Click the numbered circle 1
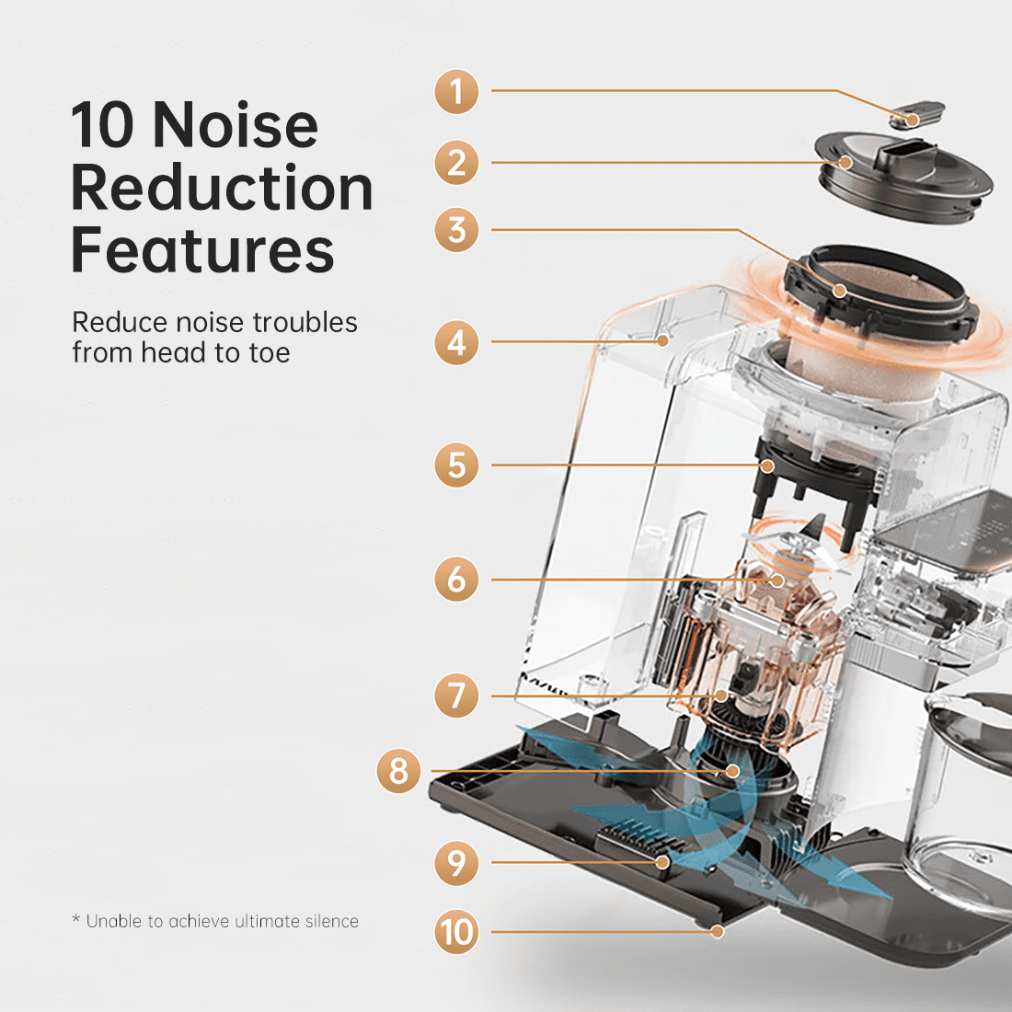[x=456, y=92]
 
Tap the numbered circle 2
[x=456, y=163]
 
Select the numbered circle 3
[x=456, y=230]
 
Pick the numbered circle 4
[x=456, y=342]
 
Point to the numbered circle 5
[x=456, y=465]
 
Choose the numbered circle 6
[x=456, y=579]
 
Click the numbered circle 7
[x=456, y=696]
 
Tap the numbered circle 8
[x=399, y=771]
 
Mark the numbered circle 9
[x=456, y=863]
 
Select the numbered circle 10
[x=456, y=932]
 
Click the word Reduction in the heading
[x=222, y=188]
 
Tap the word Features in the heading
[x=202, y=250]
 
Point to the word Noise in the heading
[x=236, y=125]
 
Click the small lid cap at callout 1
[x=916, y=114]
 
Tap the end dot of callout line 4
[x=662, y=340]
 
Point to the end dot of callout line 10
[x=717, y=931]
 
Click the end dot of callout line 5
[x=767, y=466]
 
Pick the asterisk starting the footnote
[x=76, y=918]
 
